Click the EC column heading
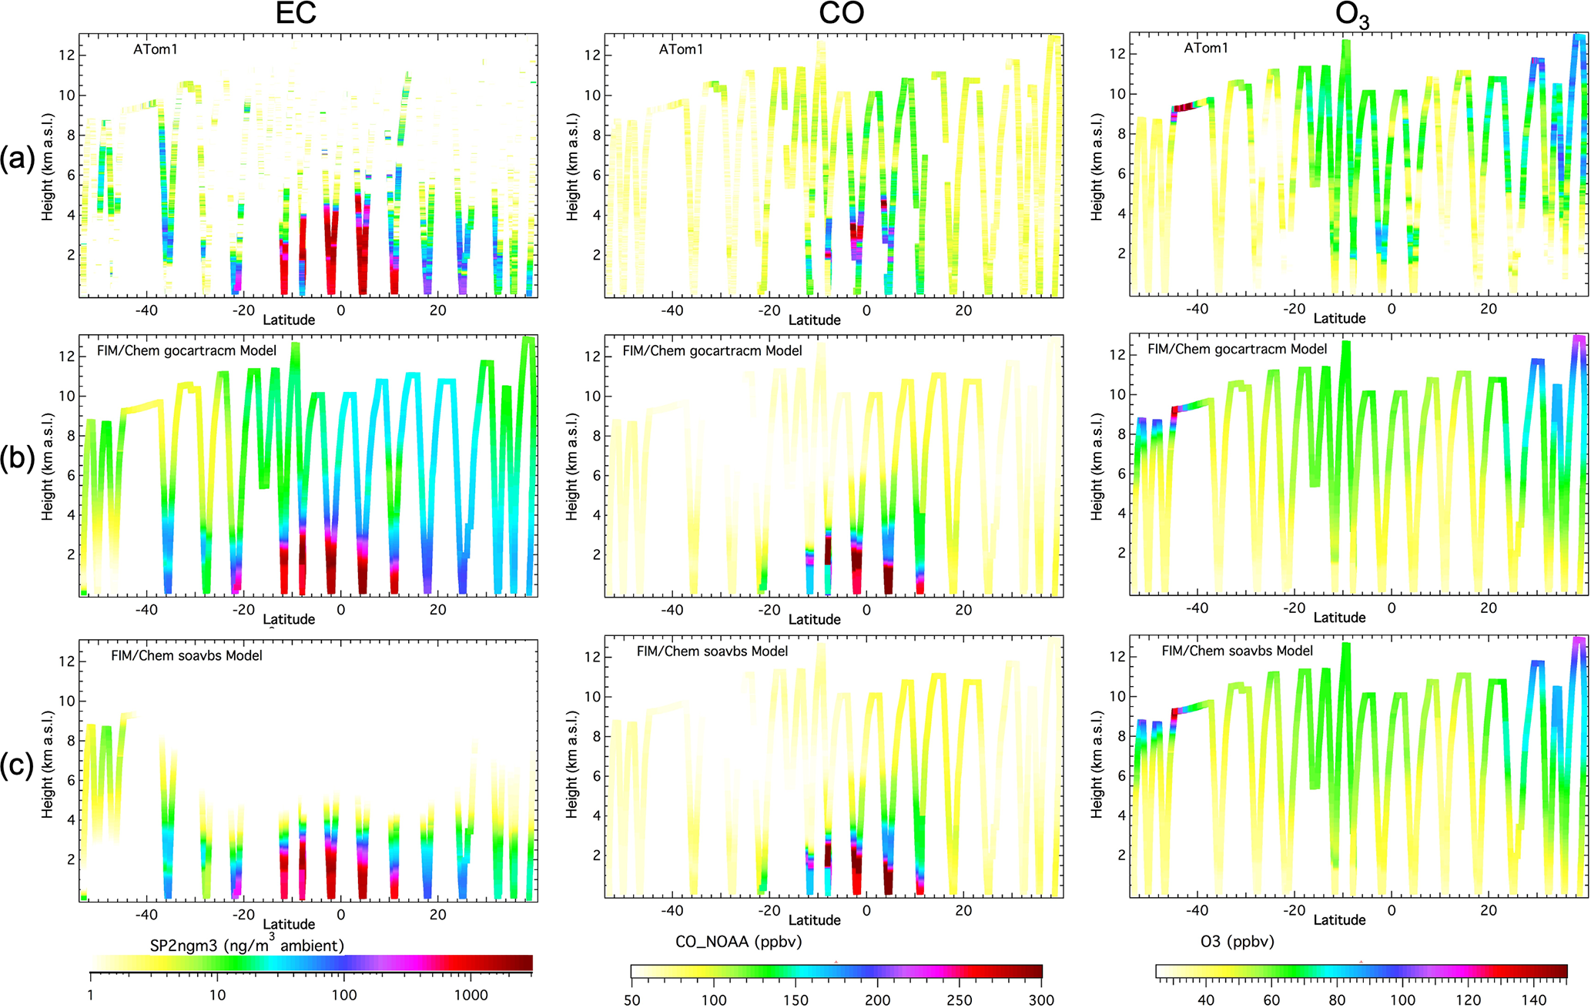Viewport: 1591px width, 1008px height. tap(296, 14)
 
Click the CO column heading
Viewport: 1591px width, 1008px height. tap(842, 14)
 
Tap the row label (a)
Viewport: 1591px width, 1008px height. tap(18, 159)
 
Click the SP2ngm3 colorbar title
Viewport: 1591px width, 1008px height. tap(246, 945)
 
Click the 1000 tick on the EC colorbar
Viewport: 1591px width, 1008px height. tap(471, 995)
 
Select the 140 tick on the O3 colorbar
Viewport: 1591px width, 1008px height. tap(1534, 1000)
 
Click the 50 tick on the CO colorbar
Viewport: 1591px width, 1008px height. tap(631, 1000)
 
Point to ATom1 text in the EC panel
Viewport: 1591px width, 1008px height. tap(156, 49)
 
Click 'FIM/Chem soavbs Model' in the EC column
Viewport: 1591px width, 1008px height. tap(186, 655)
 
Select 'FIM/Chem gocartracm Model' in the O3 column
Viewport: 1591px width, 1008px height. tap(1237, 349)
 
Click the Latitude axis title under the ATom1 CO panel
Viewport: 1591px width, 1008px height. tap(814, 320)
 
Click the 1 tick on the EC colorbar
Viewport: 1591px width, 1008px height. tap(91, 995)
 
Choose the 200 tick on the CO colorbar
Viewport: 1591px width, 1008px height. tap(877, 1000)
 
